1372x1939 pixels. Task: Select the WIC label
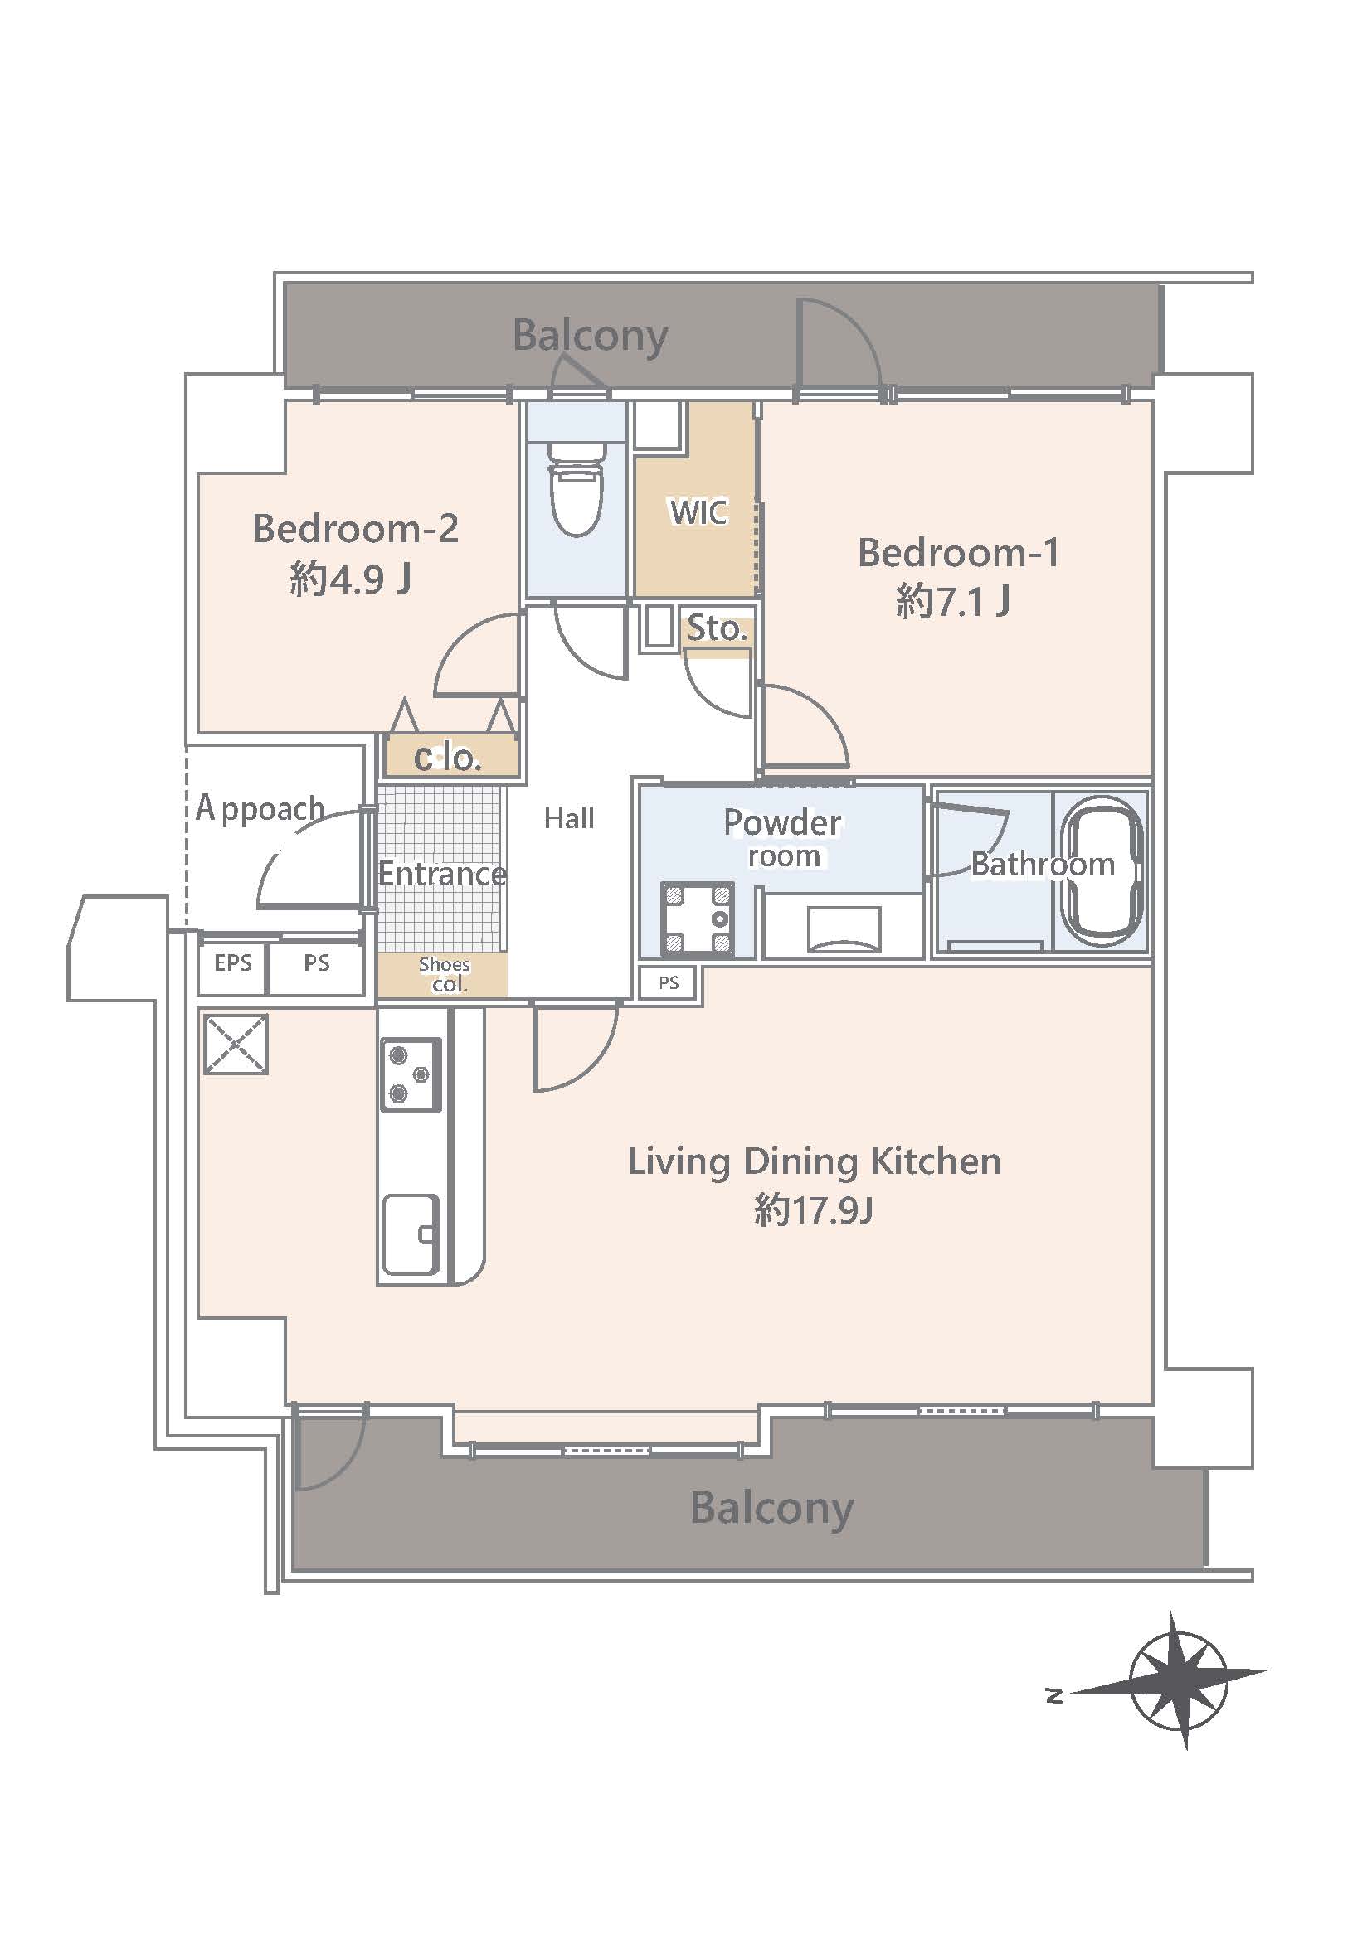(x=698, y=511)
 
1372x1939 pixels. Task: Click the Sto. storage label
(x=717, y=628)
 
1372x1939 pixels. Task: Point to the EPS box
(x=232, y=962)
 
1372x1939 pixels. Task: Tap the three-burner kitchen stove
(x=411, y=1074)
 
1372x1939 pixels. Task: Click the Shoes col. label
(x=445, y=975)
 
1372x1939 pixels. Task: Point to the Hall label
(x=568, y=817)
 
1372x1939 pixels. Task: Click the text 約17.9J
(x=813, y=1210)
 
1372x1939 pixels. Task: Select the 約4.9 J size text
(x=351, y=579)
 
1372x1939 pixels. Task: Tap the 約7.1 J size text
(x=953, y=602)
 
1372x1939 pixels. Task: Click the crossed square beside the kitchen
(x=236, y=1044)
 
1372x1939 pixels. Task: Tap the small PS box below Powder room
(x=669, y=982)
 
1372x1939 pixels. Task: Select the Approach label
(x=260, y=808)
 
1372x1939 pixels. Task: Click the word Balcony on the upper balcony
(x=590, y=337)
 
